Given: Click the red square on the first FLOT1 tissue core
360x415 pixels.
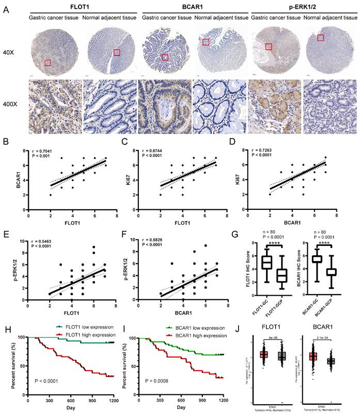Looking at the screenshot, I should click(48, 63).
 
